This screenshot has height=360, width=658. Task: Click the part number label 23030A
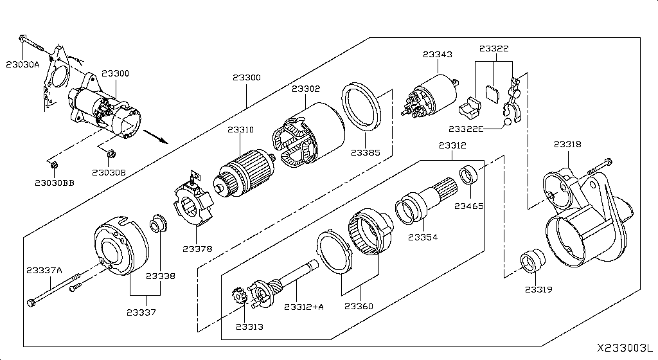(23, 64)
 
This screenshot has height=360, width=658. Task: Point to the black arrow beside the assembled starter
(156, 136)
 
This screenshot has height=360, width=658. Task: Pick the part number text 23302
(305, 89)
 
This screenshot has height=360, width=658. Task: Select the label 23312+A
(304, 307)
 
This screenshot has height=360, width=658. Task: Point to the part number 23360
(358, 307)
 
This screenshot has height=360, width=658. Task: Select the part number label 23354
(423, 237)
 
